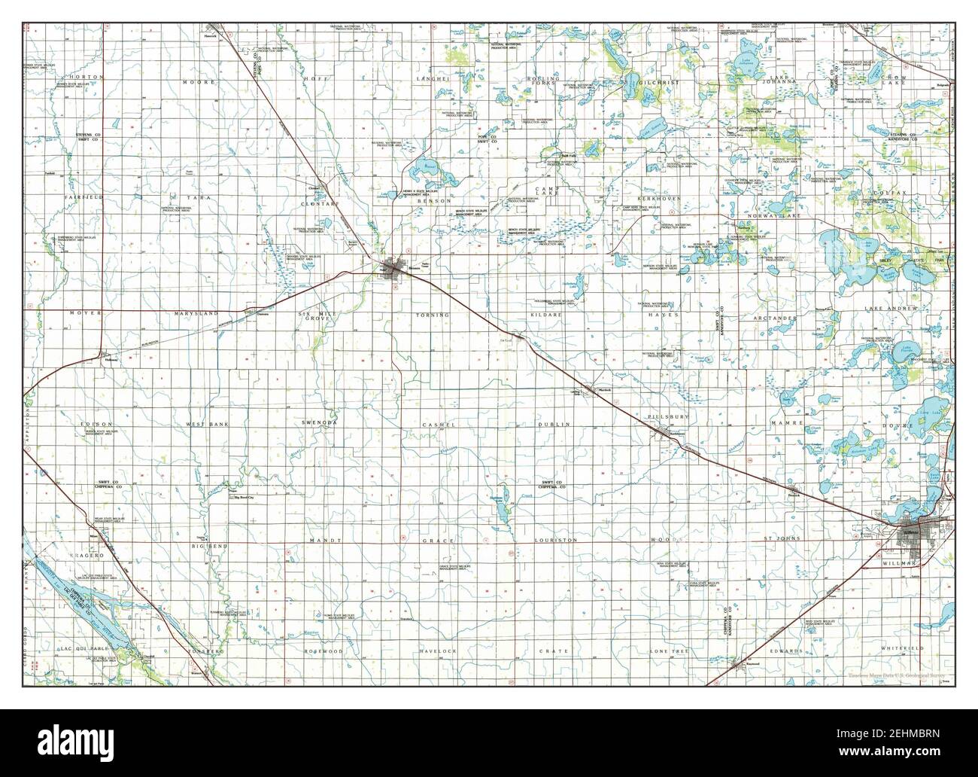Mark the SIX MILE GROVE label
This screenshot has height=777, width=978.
[314, 315]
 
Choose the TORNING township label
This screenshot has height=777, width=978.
[432, 314]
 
